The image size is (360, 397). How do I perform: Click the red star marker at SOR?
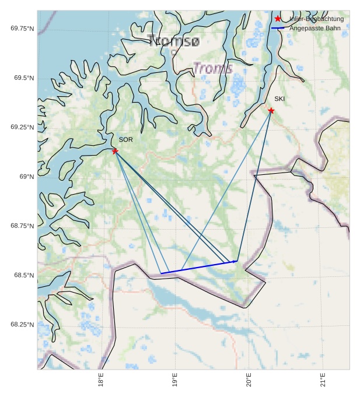115,151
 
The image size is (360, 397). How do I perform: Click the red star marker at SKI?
271,111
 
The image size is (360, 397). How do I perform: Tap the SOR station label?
125,140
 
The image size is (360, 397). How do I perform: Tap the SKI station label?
279,99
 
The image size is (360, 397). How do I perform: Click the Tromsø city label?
173,41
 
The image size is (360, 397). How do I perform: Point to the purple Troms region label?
213,68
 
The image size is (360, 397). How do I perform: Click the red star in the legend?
278,19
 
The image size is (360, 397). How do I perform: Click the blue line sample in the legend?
278,28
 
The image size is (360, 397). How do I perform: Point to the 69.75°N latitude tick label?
22,28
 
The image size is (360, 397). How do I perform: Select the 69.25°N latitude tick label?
22,127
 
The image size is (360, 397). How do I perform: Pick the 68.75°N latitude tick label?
22,226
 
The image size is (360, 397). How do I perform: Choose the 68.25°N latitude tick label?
22,324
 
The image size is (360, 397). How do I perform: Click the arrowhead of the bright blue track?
236,261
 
